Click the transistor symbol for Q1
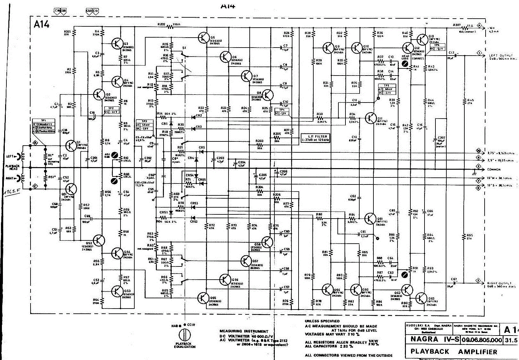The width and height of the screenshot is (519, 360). click(x=71, y=146)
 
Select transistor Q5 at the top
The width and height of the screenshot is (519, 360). click(x=203, y=38)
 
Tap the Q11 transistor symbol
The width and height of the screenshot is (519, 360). click(x=371, y=118)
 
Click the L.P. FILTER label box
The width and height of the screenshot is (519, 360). click(x=315, y=138)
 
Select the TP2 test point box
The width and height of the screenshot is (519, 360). click(x=111, y=110)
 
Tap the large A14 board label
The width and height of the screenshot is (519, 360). click(x=42, y=24)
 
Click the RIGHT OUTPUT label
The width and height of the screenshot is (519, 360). click(x=502, y=285)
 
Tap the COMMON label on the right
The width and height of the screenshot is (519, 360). click(x=494, y=169)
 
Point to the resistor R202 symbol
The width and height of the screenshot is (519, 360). click(x=169, y=27)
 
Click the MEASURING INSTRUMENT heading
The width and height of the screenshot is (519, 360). click(x=244, y=331)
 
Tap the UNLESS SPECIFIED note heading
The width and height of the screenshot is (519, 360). click(x=322, y=321)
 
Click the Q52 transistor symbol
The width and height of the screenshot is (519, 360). click(x=100, y=240)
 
